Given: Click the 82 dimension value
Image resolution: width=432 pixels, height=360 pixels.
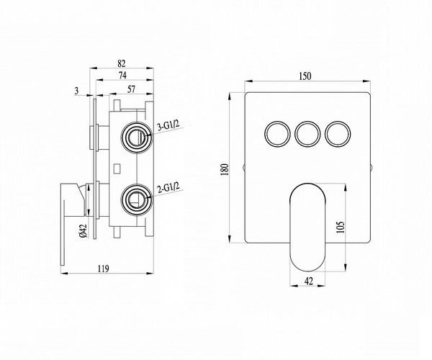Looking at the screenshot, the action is tap(122, 63).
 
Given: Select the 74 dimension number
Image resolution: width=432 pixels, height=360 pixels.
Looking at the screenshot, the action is tap(122, 75).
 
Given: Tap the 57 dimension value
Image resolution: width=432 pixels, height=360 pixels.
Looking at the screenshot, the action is tap(132, 89).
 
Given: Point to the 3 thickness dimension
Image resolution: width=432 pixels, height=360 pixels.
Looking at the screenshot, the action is tap(77, 91).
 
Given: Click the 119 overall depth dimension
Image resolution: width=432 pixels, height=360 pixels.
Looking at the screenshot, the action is tap(104, 269).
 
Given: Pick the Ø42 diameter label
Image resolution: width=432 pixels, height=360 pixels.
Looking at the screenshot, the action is tap(84, 231).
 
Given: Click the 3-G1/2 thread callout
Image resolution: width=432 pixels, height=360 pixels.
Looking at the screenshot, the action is tap(168, 125).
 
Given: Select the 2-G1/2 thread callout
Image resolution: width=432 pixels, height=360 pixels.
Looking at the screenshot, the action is tap(168, 189).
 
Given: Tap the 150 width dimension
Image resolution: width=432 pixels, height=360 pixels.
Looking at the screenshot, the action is tap(305, 76).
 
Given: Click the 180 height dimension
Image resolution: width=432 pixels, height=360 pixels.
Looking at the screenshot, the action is tap(225, 170).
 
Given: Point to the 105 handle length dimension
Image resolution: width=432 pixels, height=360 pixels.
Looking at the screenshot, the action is tap(341, 228).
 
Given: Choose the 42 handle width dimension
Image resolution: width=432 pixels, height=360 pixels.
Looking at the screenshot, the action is tap(309, 282).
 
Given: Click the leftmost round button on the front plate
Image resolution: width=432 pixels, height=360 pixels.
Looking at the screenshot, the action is tap(277, 134).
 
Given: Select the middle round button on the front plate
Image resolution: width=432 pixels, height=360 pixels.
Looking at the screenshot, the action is tap(307, 134).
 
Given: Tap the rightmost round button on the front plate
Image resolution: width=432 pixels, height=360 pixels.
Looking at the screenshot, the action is tap(338, 134).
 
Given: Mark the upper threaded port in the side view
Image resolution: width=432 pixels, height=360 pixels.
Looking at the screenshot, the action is tap(138, 138).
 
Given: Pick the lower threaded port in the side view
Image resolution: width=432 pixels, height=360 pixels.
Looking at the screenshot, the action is tap(137, 200).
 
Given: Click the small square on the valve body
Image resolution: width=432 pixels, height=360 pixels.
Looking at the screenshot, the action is tap(117, 168).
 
